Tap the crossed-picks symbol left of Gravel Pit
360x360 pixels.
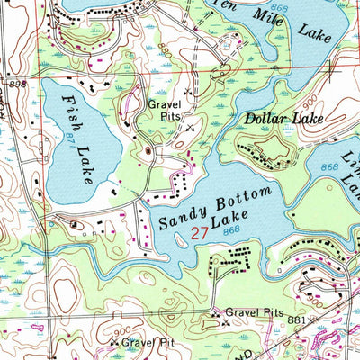pos(113,343)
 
